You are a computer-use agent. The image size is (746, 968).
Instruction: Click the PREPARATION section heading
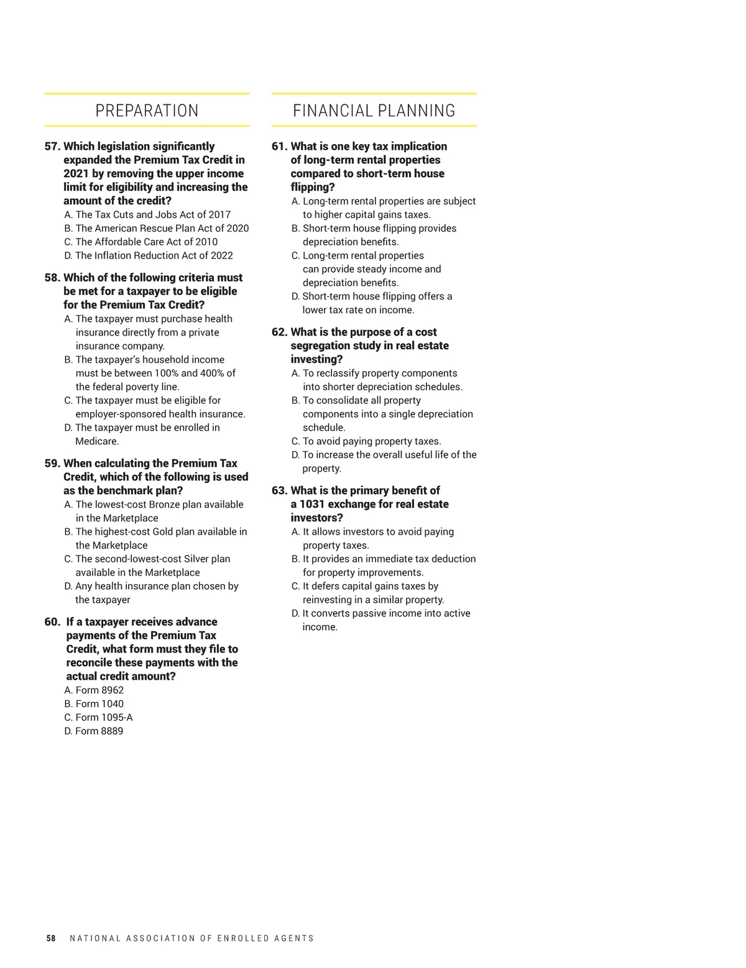(147, 111)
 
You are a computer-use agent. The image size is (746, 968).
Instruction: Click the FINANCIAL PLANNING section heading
(374, 111)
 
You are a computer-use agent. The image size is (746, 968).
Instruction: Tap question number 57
(52, 147)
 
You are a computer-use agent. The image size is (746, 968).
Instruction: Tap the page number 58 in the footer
(51, 938)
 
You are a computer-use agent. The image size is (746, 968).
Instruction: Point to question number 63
(279, 491)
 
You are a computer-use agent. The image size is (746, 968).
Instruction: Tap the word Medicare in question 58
(96, 442)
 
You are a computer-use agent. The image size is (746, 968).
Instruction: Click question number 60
(52, 622)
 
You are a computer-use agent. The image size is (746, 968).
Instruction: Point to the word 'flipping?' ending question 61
(313, 188)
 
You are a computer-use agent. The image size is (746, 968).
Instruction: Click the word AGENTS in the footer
(294, 938)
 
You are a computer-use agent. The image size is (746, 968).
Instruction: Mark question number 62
(279, 332)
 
